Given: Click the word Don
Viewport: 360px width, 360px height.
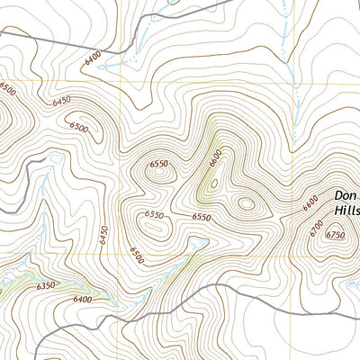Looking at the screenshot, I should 345,194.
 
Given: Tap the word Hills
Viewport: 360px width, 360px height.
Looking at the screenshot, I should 346,210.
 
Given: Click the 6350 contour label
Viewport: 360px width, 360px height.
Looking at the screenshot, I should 46,285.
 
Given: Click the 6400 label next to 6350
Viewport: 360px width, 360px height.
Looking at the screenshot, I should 83,299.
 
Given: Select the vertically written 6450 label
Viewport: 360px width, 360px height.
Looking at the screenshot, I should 105,234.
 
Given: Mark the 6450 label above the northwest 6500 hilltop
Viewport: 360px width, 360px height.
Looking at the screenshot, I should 61,102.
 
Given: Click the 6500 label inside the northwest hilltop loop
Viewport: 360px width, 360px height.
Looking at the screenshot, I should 78,128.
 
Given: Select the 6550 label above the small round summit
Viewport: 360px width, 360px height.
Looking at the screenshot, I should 159,163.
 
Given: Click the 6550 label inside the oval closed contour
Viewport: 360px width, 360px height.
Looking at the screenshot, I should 154,214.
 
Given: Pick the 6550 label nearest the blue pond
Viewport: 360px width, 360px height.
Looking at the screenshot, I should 201,218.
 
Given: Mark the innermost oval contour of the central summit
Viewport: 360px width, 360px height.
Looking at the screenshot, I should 245,203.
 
